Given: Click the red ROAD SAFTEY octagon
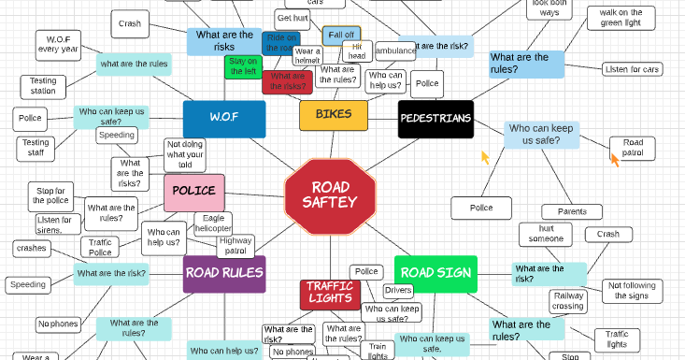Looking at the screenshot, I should tap(330, 194).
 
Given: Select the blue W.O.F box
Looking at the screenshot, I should tap(224, 119).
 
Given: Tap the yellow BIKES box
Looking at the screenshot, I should tap(334, 115).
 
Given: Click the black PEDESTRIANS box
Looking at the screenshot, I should tap(435, 119).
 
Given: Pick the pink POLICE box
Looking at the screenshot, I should tap(193, 192).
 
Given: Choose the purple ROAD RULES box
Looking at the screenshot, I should tap(224, 273).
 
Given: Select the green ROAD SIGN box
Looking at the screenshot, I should tap(435, 273).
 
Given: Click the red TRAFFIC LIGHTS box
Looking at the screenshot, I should tap(329, 293).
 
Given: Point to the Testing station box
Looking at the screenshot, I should tap(43, 87).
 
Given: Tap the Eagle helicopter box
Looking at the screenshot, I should tap(212, 223).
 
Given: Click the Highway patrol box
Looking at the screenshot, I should tap(235, 246).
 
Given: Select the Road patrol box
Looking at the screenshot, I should tap(632, 148).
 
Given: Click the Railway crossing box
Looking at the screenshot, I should tap(568, 300).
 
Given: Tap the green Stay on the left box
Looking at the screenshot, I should tap(243, 66).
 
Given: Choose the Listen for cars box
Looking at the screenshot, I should tap(632, 69).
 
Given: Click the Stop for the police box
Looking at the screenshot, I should tap(52, 195).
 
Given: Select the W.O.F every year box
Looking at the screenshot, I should tap(58, 43).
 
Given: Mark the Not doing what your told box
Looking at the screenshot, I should tap(186, 155).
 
